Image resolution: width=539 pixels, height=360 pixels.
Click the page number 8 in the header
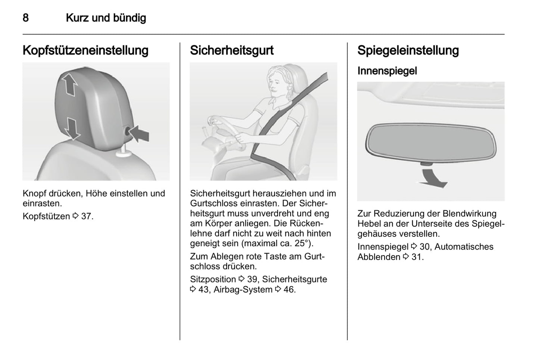tap(25, 18)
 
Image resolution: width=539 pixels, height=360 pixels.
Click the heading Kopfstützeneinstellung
tap(85, 50)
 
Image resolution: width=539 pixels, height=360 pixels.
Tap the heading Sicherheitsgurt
tap(232, 50)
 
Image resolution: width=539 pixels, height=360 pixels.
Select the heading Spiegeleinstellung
tap(408, 50)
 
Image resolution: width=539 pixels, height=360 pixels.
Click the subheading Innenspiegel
tap(387, 71)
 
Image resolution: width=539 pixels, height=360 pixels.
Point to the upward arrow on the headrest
tap(69, 85)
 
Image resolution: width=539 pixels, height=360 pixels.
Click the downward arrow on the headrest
tap(72, 128)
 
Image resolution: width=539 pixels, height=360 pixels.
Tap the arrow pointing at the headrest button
tap(139, 134)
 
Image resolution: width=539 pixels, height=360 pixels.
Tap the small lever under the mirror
tap(426, 164)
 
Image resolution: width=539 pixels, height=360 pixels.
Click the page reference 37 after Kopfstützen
tap(86, 216)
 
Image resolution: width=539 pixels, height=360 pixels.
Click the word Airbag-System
tap(243, 289)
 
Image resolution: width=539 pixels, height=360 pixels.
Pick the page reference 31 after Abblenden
tap(416, 257)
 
